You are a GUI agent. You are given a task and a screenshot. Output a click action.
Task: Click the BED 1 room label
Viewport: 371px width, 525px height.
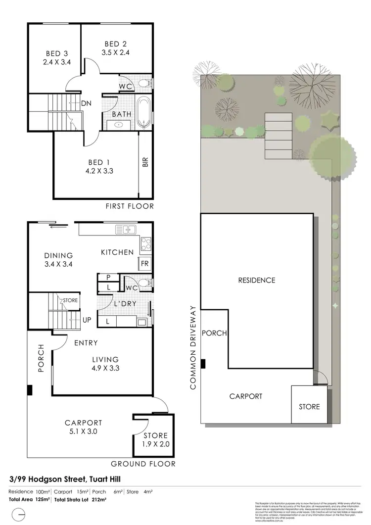96,162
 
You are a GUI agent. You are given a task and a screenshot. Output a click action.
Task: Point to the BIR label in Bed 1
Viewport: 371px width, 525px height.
145,162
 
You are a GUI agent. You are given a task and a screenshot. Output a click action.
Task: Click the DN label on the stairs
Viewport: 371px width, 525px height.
86,103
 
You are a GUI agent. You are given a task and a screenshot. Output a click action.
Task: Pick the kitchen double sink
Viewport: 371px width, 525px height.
126,229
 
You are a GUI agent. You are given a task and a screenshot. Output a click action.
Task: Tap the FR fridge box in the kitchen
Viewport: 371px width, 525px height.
145,264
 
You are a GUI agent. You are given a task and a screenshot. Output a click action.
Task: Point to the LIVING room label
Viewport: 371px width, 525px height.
104,359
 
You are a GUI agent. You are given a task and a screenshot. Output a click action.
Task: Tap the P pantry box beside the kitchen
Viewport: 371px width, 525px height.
108,278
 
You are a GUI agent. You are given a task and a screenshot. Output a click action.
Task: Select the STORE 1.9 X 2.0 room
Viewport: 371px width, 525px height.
156,439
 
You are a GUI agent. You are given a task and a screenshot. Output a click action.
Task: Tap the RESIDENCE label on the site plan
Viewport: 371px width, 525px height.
257,280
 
